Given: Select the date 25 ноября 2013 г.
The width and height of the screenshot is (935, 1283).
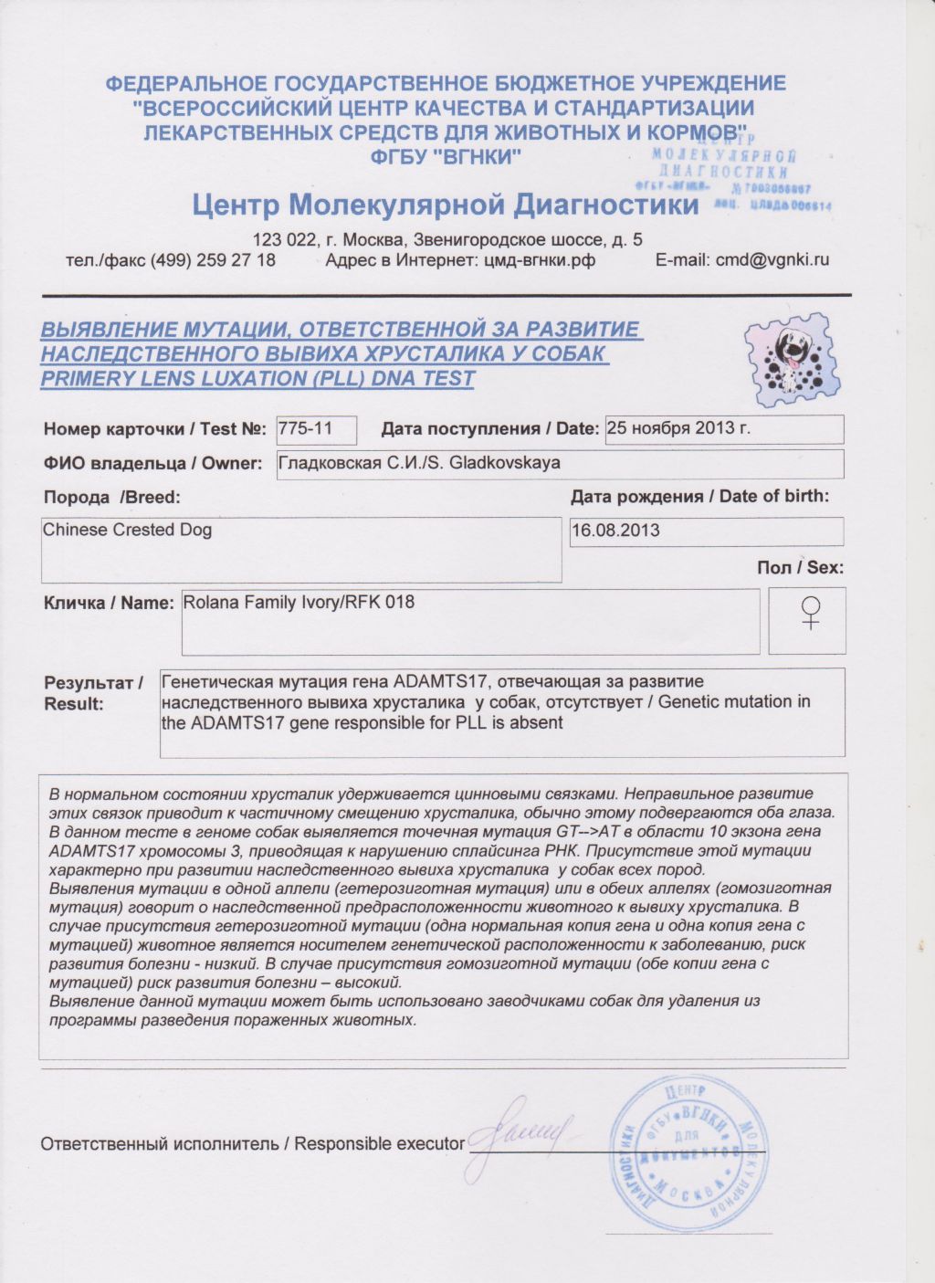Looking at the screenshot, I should coord(678,428).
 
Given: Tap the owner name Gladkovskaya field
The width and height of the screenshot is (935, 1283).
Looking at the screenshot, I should coord(419,463).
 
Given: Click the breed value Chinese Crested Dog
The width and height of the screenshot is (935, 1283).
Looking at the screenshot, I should coord(128,530).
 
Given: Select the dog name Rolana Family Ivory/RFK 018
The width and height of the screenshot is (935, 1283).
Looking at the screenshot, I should coord(299,603).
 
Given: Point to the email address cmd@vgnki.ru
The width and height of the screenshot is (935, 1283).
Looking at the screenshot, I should coord(772,259).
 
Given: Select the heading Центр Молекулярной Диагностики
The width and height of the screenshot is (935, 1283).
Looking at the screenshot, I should coord(446,204).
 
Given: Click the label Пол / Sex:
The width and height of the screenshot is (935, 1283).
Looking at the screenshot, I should coord(800,567).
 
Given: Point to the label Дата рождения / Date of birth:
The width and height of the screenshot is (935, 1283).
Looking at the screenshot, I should coord(699,497).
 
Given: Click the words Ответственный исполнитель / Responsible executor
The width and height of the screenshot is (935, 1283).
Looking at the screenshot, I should coord(252,1143).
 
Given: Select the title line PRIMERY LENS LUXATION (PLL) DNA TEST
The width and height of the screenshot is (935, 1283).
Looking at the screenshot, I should coord(257,378).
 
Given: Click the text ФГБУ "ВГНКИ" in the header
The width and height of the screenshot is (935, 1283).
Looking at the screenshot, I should coord(446,157).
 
